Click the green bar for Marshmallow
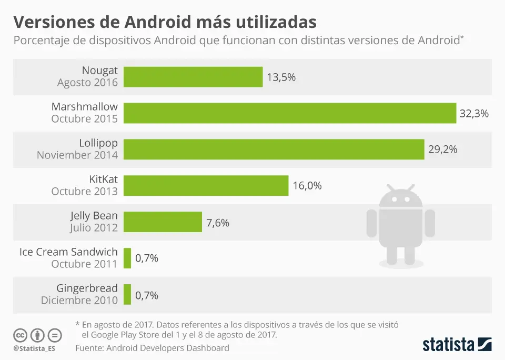click(290, 113)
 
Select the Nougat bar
click(193, 77)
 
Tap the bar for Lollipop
click(274, 149)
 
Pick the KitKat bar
click(206, 186)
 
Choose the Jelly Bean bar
click(163, 222)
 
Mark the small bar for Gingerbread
click(127, 294)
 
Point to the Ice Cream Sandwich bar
click(127, 258)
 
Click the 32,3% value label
click(474, 113)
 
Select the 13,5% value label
click(281, 77)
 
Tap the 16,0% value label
click(307, 186)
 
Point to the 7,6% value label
click(218, 222)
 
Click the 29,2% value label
click(442, 149)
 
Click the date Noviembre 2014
click(77, 155)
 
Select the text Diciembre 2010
click(79, 300)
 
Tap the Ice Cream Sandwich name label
click(68, 252)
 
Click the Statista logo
click(457, 345)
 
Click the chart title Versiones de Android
click(165, 22)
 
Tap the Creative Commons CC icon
click(20, 335)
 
